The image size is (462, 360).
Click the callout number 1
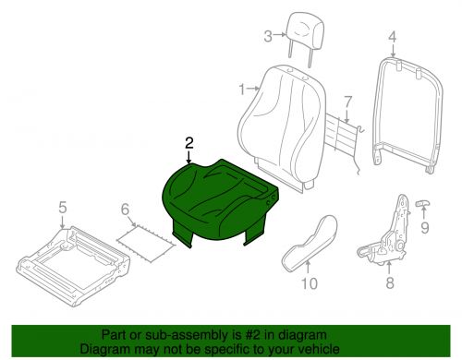(242, 90)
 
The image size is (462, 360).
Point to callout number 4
(391, 38)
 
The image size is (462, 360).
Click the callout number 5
(62, 208)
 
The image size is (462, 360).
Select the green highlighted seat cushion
(217, 198)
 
